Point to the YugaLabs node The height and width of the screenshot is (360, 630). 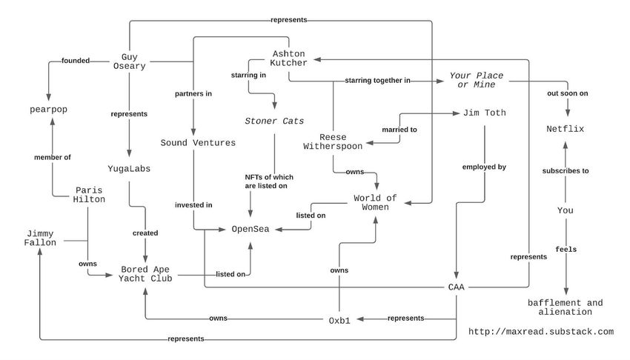[x=129, y=169]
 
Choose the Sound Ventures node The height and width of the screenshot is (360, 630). [x=198, y=142]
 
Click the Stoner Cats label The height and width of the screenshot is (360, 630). [x=274, y=121]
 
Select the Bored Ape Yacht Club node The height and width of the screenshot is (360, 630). [x=146, y=273]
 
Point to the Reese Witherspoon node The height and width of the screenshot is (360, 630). [x=333, y=141]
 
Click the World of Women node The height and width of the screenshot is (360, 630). [x=375, y=202]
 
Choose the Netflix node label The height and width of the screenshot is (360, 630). [x=566, y=129]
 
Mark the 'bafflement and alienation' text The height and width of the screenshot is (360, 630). [x=565, y=307]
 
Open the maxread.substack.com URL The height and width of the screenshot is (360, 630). [x=541, y=332]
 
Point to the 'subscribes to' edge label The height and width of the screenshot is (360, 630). [x=566, y=170]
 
